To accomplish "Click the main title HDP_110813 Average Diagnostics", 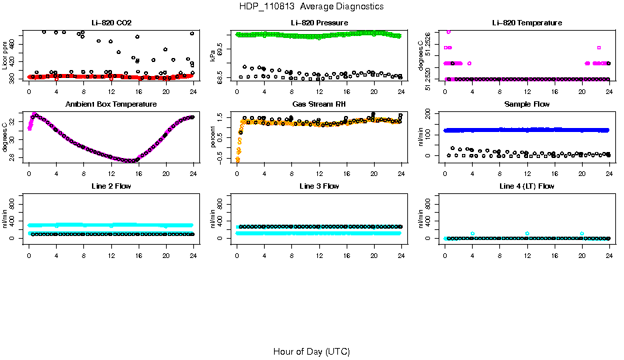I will click(311, 6).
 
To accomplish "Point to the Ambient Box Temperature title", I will click(111, 104).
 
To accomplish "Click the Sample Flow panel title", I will click(527, 104).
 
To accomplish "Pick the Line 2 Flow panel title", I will click(111, 186).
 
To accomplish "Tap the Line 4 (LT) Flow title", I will click(527, 186).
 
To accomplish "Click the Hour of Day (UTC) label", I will click(311, 351).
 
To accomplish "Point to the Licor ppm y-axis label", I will click(5, 56).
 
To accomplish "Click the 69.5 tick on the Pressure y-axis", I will click(222, 49).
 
